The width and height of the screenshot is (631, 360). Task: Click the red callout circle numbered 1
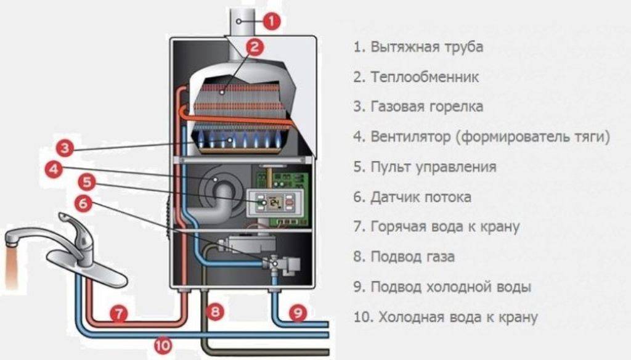271,21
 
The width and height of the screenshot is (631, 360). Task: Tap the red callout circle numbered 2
254,47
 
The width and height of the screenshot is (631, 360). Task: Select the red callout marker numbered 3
65,148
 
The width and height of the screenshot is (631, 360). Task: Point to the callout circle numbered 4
54,169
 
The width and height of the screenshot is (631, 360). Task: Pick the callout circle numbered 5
87,182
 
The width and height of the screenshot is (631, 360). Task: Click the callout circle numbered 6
83,203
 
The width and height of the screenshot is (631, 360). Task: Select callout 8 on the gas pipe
215,311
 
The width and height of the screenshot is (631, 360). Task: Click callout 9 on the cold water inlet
298,313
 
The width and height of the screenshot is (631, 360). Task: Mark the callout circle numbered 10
163,345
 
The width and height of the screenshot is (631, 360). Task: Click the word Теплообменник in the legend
425,76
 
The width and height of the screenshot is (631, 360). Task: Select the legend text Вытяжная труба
426,47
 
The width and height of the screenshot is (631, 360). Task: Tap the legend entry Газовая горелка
426,107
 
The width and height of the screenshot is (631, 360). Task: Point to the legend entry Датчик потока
420,197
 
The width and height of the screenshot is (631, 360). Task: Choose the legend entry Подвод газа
412,256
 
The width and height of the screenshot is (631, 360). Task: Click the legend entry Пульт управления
433,166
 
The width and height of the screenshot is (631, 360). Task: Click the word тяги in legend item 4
590,137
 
